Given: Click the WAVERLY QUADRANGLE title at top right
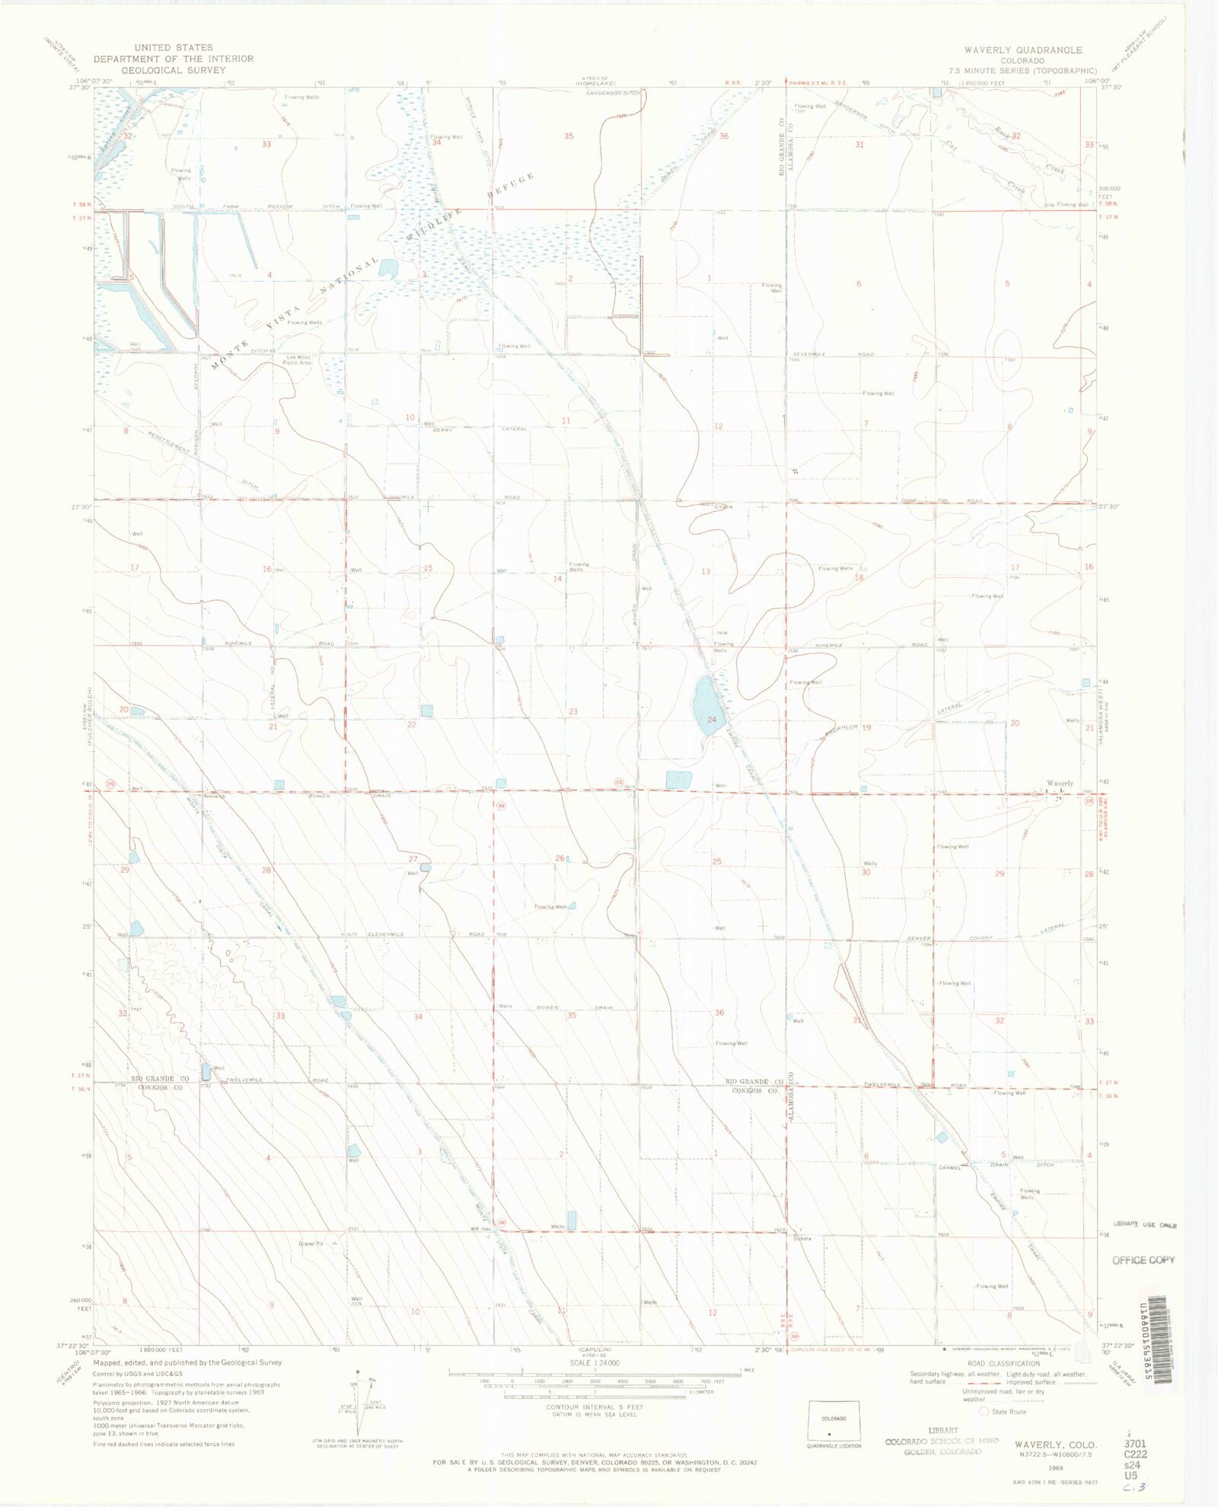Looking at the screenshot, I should pyautogui.click(x=1022, y=50).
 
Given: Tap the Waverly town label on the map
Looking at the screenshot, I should pyautogui.click(x=1059, y=783).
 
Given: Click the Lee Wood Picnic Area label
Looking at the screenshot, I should pyautogui.click(x=298, y=359).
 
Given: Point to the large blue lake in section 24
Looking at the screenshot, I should pyautogui.click(x=704, y=704).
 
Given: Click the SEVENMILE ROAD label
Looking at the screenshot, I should pyautogui.click(x=833, y=354).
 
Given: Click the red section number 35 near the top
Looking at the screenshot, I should pyautogui.click(x=569, y=136).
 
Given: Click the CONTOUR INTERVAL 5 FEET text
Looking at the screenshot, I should pyautogui.click(x=595, y=1406).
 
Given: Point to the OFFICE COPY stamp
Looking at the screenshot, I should pyautogui.click(x=1143, y=1260).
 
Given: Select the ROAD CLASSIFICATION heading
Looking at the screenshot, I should pyautogui.click(x=1003, y=1363).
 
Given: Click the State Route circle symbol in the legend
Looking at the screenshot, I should pyautogui.click(x=984, y=1412).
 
